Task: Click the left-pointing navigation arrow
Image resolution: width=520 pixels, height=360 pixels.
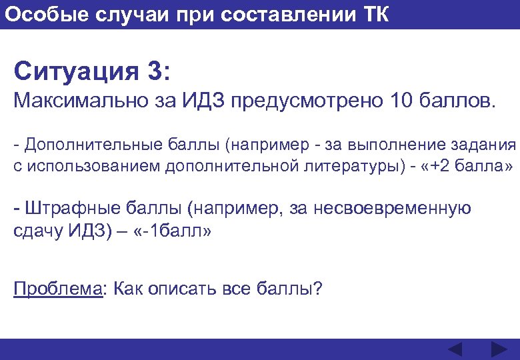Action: [455, 349]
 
